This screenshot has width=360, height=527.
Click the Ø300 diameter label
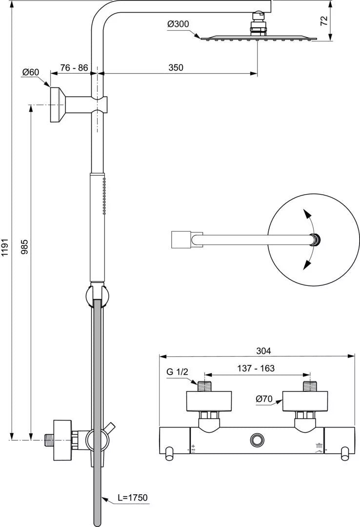[178, 24]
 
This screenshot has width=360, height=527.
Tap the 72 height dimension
[324, 21]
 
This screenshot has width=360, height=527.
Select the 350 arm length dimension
[176, 67]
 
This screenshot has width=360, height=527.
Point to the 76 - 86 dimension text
[74, 67]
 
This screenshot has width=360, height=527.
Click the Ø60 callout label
[31, 72]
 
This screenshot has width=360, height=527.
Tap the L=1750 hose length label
[132, 497]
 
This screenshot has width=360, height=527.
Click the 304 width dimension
[263, 351]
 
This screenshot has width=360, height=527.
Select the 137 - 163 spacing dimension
[256, 368]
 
